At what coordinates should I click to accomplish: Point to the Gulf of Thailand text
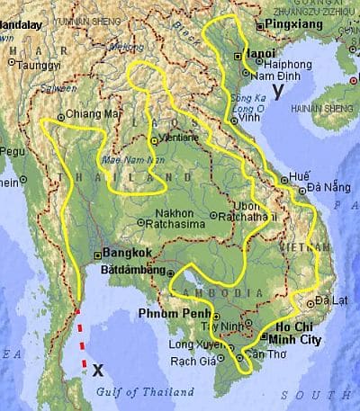point(150,392)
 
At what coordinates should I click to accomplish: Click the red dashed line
point(82,337)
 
